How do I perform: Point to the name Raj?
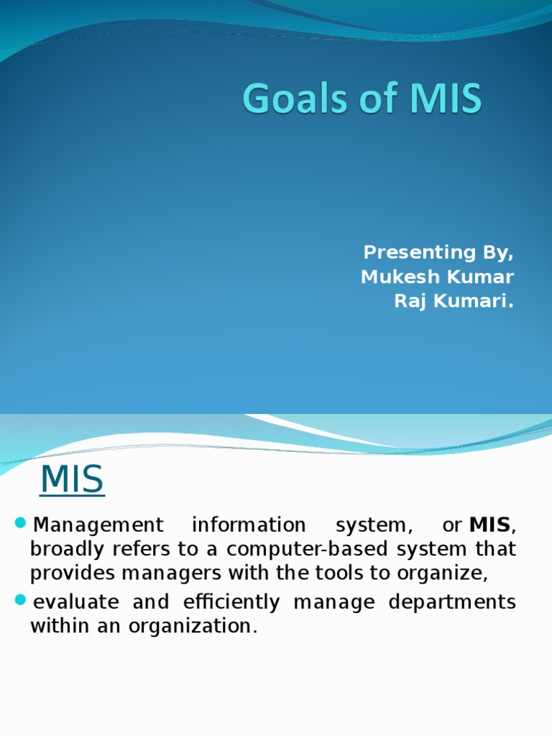coord(408,301)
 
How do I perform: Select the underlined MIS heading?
coord(72,480)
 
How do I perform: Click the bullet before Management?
coord(19,521)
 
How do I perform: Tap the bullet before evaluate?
coord(19,598)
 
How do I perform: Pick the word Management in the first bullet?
coord(98,525)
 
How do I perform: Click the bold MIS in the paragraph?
coord(489,525)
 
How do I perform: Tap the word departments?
coord(452,602)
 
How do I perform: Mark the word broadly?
coord(63,550)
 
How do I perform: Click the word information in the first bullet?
coord(248,525)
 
